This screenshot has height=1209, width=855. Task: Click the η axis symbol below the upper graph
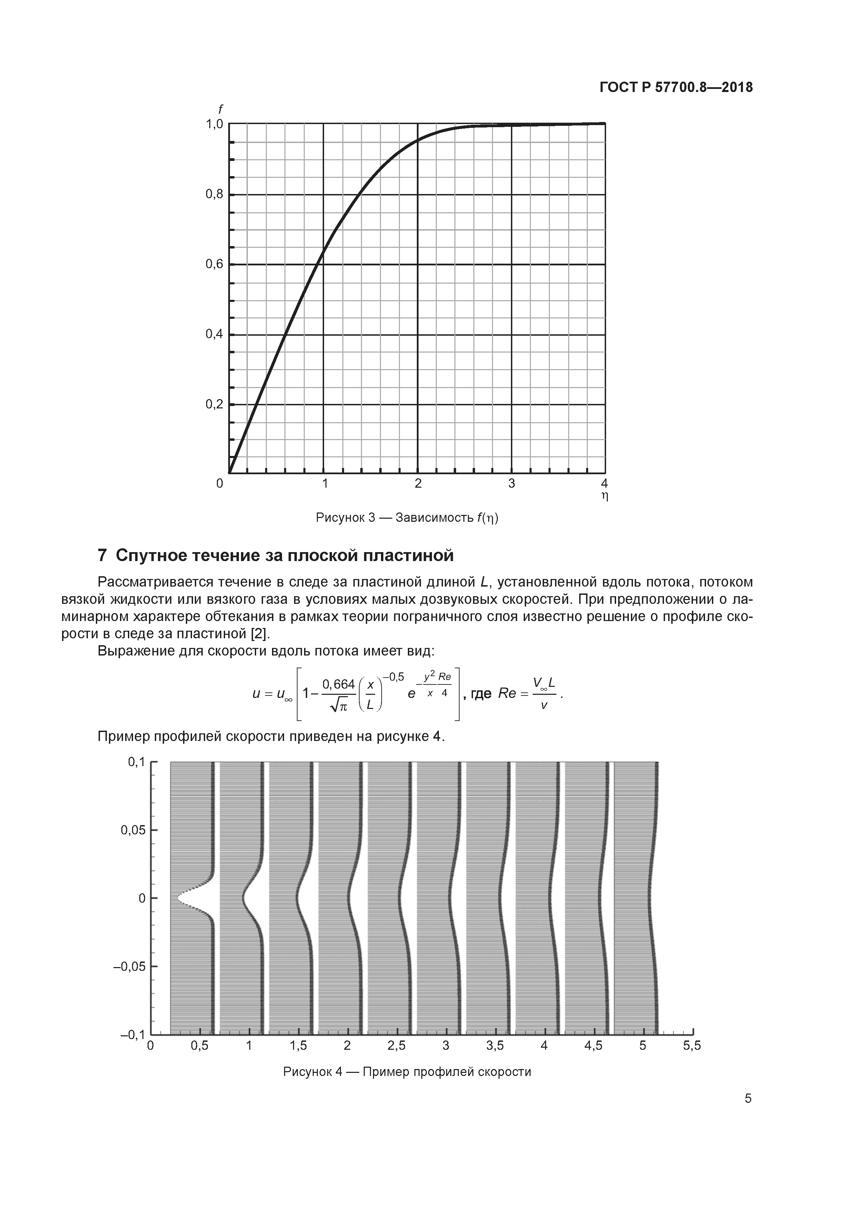click(x=605, y=496)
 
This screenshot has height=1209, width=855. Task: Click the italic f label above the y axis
click(x=220, y=110)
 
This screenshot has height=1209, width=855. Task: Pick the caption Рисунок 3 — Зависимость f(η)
click(x=407, y=518)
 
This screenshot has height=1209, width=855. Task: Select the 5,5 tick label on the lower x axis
click(x=692, y=1046)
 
